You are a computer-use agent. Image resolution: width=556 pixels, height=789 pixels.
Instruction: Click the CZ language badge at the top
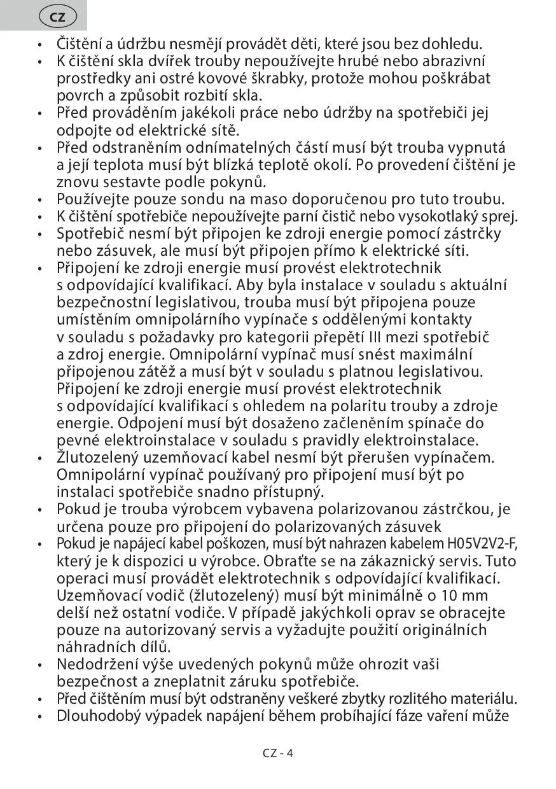click(57, 17)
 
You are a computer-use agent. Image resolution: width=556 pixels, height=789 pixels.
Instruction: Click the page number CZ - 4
click(277, 753)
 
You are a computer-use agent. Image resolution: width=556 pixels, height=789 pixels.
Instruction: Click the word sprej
click(502, 216)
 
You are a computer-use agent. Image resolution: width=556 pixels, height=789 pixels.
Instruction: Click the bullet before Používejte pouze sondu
click(40, 199)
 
